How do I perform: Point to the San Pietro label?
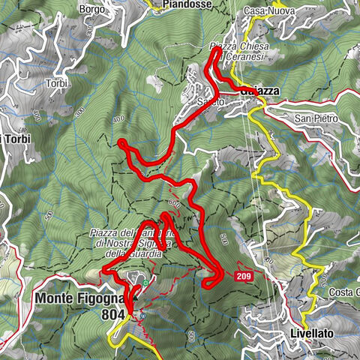pyautogui.click(x=316, y=119)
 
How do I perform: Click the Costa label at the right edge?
pyautogui.click(x=348, y=292)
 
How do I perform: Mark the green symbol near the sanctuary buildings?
pyautogui.click(x=138, y=280)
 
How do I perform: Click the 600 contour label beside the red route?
pyautogui.click(x=175, y=203)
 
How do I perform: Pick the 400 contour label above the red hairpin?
pyautogui.click(x=118, y=118)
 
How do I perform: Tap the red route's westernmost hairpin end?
pyautogui.click(x=121, y=142)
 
